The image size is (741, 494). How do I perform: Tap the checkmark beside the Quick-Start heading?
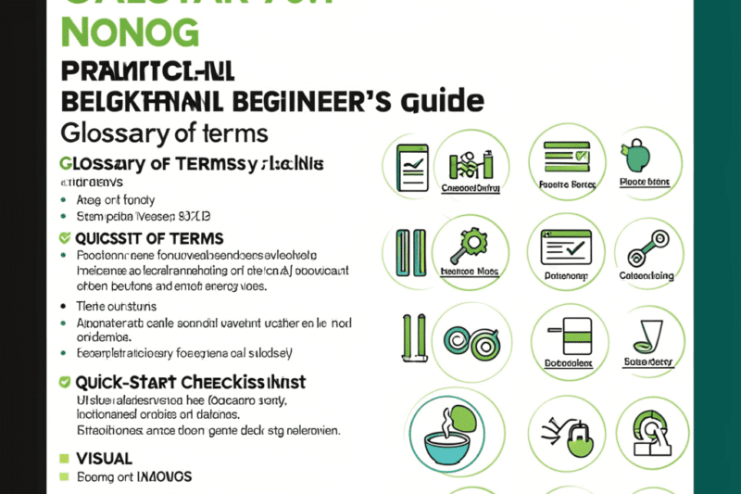click(x=64, y=381)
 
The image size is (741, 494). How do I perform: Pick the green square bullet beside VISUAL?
click(x=64, y=458)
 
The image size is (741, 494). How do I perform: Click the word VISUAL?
click(x=104, y=458)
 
